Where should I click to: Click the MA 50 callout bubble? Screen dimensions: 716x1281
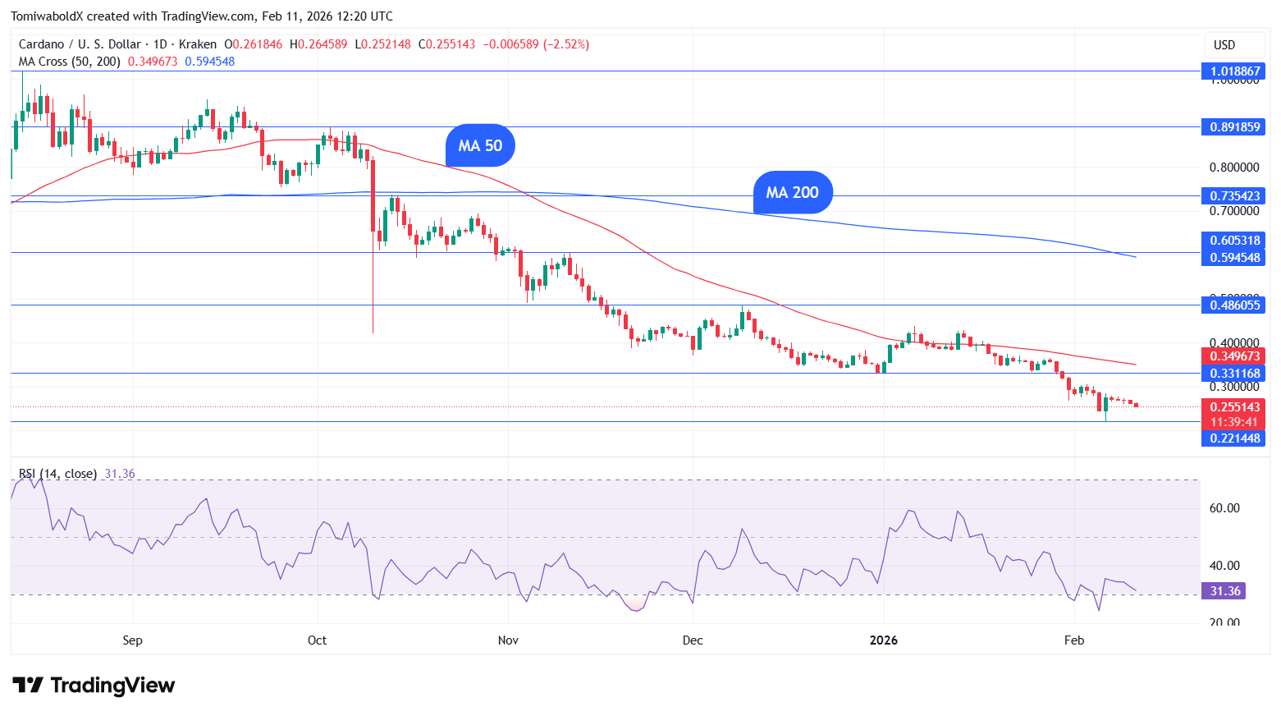[480, 146]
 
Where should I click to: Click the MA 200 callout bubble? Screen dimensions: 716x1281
[792, 193]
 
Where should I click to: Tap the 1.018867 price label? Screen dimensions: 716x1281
[1234, 71]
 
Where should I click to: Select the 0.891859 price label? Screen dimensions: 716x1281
[1234, 127]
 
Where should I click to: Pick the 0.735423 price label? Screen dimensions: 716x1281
[1234, 196]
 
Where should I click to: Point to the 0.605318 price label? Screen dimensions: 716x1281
[1234, 241]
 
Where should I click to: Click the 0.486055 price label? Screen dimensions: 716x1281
[1234, 305]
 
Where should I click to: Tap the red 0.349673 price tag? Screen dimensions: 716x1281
[1234, 356]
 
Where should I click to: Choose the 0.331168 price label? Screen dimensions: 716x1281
[1234, 374]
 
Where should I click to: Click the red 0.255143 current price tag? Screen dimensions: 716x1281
[1234, 407]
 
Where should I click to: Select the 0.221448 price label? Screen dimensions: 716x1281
[1234, 438]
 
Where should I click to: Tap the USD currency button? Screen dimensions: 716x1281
[1224, 45]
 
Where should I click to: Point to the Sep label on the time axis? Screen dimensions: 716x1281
[132, 640]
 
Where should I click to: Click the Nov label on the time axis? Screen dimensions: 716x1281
[508, 640]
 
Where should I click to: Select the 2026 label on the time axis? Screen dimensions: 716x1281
[884, 640]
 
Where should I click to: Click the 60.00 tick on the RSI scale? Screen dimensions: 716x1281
[1224, 508]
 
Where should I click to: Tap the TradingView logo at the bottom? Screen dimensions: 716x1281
[94, 686]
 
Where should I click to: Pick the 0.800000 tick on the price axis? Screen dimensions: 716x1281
[1234, 168]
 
